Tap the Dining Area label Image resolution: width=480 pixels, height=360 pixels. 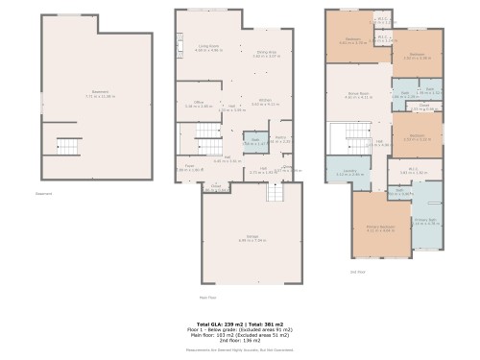pyautogui.click(x=265, y=54)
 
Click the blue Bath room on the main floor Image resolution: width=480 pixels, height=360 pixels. pyautogui.click(x=256, y=141)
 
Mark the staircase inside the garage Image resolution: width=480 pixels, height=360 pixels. pyautogui.click(x=276, y=194)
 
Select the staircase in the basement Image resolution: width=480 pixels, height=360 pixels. pyautogui.click(x=68, y=147)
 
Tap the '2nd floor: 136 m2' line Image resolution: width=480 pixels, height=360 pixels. pyautogui.click(x=240, y=341)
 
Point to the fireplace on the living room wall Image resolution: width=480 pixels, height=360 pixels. pyautogui.click(x=178, y=40)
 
